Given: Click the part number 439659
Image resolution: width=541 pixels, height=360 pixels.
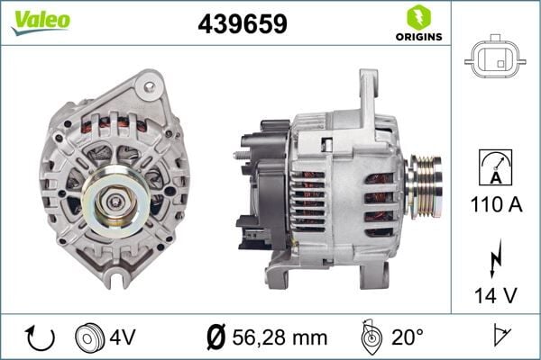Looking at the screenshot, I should coord(243,24).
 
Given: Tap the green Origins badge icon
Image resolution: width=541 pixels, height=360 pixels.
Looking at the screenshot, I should coord(417,16).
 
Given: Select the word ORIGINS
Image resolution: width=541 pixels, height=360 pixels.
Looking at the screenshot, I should coord(417,37).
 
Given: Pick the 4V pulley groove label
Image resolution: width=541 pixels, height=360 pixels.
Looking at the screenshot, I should coord(124,337).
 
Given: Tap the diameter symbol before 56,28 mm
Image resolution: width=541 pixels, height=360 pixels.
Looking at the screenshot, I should coord(215,337).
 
